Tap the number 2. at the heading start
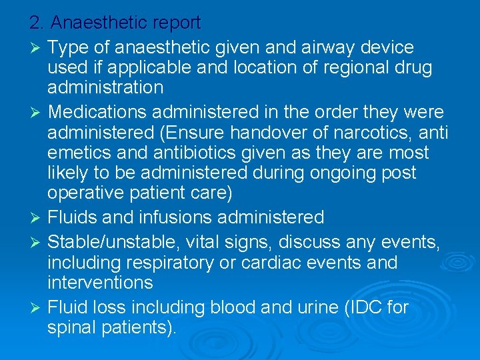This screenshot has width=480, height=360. [37, 23]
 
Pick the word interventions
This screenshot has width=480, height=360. [100, 283]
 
